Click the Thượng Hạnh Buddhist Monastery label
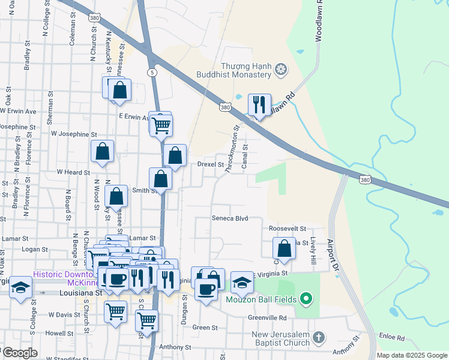[x=246, y=70]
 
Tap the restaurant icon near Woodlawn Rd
[x=259, y=105]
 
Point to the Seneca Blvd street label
[x=229, y=218]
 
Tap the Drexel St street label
[x=211, y=164]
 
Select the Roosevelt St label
[x=288, y=229]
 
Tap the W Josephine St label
[x=74, y=134]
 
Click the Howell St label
[x=59, y=332]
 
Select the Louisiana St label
[x=81, y=293]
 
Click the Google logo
[x=20, y=353]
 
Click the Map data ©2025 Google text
[x=412, y=355]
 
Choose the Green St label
[x=205, y=328]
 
